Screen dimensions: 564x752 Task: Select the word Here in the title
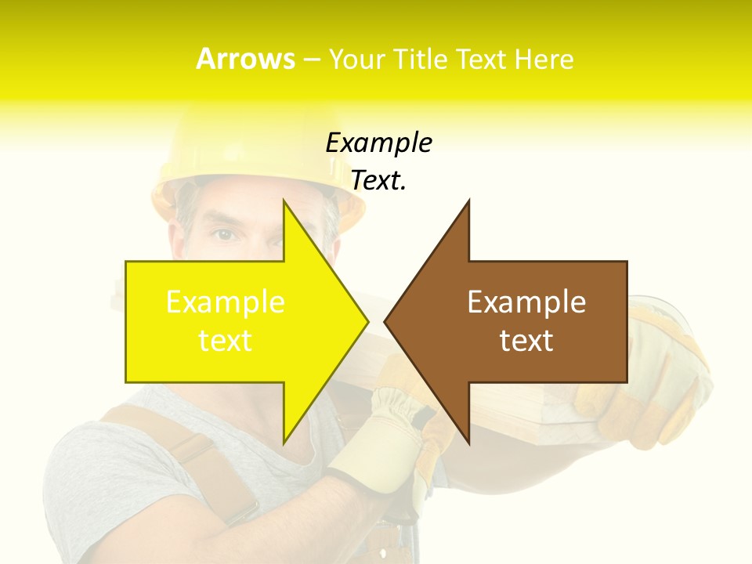tap(545, 60)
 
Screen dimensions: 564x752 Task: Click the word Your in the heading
tap(357, 60)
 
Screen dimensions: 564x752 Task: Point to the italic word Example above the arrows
tap(378, 143)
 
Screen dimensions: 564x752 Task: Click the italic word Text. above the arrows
tap(378, 181)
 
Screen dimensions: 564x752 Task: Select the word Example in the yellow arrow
tap(226, 302)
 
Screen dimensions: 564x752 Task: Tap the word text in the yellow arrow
tap(226, 341)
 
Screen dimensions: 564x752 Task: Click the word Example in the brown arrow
tap(526, 302)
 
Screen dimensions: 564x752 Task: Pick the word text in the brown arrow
tap(526, 341)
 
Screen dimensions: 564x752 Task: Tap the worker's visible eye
tap(226, 234)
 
